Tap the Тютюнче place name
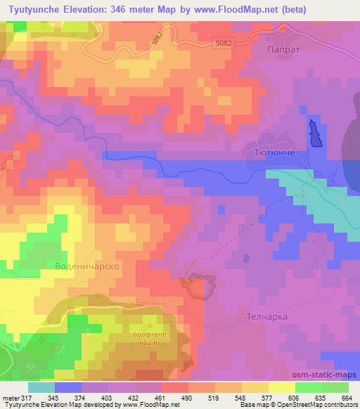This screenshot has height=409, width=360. pyautogui.click(x=267, y=152)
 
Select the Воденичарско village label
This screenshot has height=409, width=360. pyautogui.click(x=85, y=267)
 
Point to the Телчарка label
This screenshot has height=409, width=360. pyautogui.click(x=267, y=317)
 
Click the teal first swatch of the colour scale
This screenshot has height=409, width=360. pyautogui.click(x=41, y=387)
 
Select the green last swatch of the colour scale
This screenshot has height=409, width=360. pyautogui.click(x=335, y=387)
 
